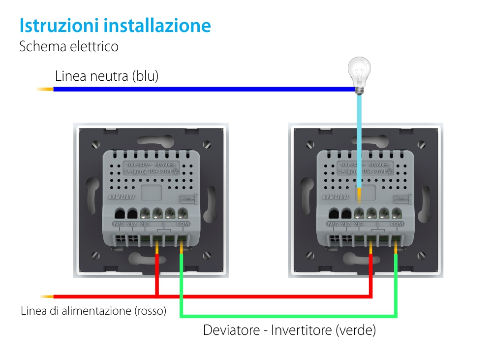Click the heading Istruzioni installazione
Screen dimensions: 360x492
(x=115, y=26)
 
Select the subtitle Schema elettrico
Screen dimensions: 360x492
(x=69, y=47)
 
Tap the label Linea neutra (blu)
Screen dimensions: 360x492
(x=107, y=76)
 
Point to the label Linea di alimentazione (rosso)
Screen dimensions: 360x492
(x=93, y=311)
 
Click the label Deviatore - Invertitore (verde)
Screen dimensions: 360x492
(x=289, y=330)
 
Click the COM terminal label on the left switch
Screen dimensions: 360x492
(x=183, y=224)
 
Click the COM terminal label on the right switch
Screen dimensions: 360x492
(x=397, y=224)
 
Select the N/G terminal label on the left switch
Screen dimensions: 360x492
(x=119, y=224)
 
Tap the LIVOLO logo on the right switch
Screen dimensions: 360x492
(x=335, y=196)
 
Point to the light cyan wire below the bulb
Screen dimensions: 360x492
(x=360, y=138)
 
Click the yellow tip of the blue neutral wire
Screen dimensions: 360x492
(x=44, y=89)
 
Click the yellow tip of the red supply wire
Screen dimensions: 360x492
(x=47, y=296)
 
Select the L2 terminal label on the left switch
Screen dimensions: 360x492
(x=132, y=224)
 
